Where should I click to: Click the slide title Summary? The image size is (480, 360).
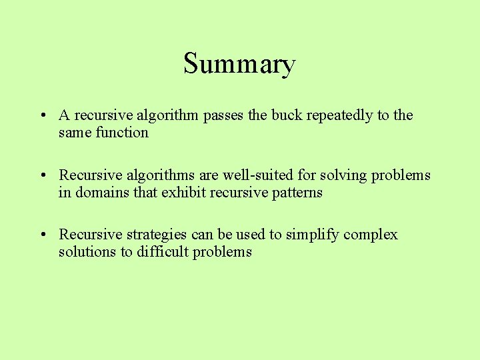coord(239,65)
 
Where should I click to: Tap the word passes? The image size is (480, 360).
coord(223,115)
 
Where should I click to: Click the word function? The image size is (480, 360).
coord(122,132)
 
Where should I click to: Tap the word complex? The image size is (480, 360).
coord(371,235)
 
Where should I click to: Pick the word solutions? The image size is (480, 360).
coord(87,251)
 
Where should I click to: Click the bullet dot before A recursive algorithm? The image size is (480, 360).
coord(42,116)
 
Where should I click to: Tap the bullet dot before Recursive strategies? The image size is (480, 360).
coord(42,235)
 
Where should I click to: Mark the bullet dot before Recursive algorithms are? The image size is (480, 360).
coord(42,176)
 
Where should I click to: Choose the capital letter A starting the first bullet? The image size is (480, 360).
coord(64,115)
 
